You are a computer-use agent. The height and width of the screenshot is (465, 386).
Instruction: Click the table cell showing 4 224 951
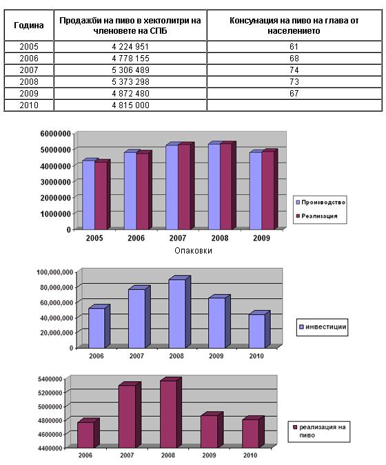(x=130, y=47)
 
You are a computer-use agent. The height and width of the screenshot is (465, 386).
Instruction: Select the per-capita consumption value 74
(x=294, y=70)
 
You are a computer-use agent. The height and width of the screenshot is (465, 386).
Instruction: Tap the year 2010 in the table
(x=29, y=105)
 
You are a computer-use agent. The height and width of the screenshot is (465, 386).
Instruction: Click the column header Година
(x=29, y=25)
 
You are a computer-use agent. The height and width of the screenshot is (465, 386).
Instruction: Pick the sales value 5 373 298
(x=130, y=82)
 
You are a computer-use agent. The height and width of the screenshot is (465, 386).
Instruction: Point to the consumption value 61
(x=294, y=47)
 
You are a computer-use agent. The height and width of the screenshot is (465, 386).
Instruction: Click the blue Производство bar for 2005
(x=88, y=194)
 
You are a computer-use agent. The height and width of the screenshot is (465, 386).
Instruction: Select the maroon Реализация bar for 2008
(x=226, y=186)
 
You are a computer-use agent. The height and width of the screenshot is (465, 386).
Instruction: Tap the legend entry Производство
(x=321, y=203)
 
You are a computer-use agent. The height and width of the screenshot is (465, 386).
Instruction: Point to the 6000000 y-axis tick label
(x=56, y=134)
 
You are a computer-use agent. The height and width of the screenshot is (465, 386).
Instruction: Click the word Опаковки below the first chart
(x=193, y=251)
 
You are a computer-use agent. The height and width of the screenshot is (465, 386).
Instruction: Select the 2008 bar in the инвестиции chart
(x=177, y=313)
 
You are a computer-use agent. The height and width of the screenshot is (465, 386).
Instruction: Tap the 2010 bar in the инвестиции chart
(x=257, y=331)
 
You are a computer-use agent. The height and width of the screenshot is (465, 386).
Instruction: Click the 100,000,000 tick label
(x=55, y=272)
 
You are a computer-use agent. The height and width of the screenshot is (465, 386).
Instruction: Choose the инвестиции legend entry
(x=323, y=327)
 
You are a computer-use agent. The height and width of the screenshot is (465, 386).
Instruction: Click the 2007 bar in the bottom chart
(x=127, y=416)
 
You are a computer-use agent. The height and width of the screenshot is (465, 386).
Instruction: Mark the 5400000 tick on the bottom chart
(x=50, y=379)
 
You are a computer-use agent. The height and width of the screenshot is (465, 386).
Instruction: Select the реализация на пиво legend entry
(x=319, y=431)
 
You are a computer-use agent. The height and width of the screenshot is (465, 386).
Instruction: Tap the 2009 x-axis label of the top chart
(x=261, y=238)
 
